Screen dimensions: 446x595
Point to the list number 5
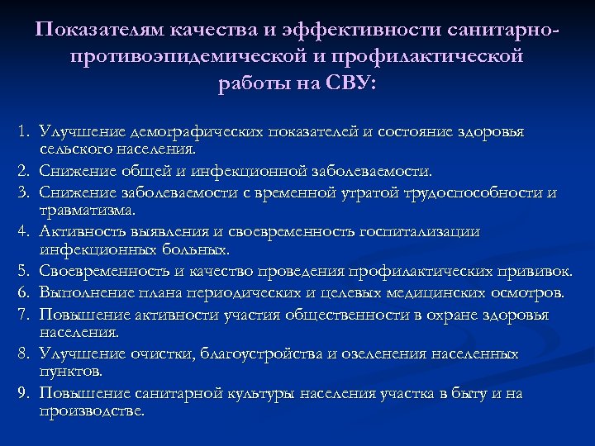click(26, 272)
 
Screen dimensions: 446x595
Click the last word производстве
click(91, 410)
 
